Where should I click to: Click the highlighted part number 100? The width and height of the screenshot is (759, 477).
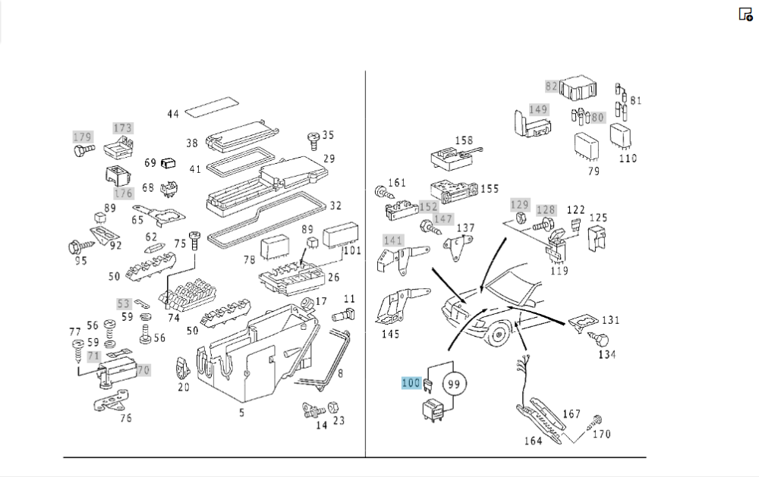(411, 382)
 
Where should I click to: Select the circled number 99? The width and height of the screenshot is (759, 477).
(455, 384)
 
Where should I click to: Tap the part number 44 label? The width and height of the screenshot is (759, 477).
(173, 115)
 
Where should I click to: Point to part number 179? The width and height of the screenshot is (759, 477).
(82, 137)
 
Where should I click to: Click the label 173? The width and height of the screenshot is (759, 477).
(123, 127)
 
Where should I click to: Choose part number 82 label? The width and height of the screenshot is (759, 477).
(552, 86)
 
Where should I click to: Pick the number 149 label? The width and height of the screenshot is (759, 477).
(538, 109)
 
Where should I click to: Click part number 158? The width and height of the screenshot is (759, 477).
(464, 140)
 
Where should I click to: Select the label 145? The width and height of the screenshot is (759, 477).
(390, 334)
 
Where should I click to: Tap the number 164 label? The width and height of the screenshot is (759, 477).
(534, 441)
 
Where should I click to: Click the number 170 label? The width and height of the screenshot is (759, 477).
(601, 435)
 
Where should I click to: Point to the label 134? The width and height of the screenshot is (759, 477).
(606, 354)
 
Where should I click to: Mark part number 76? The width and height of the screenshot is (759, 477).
(126, 417)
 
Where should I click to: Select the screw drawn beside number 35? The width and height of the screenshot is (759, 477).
(312, 140)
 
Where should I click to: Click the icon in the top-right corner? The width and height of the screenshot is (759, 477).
(745, 14)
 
